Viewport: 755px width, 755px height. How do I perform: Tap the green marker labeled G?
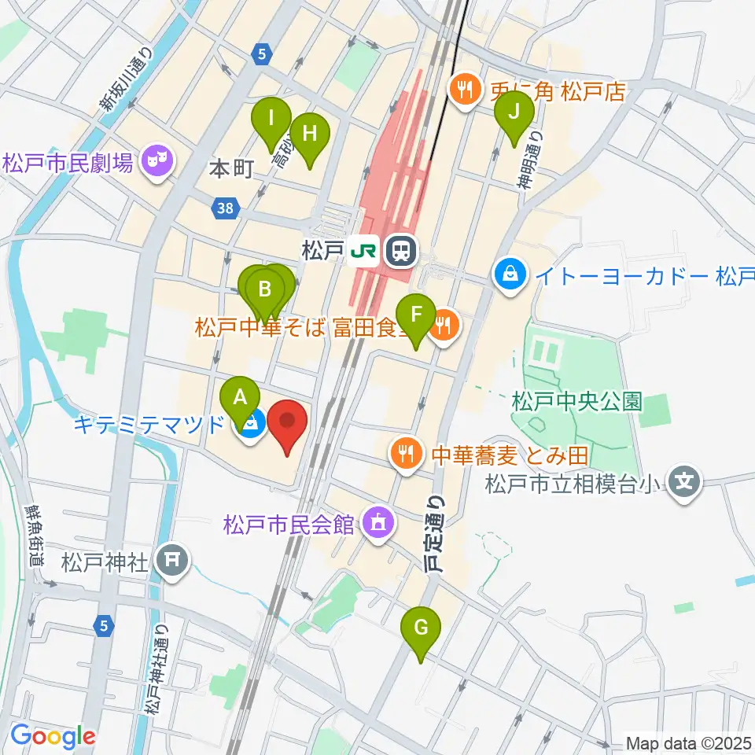pyautogui.click(x=421, y=628)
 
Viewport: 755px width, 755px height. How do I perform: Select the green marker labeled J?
pyautogui.click(x=514, y=111)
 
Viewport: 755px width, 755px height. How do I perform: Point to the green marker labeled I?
pyautogui.click(x=271, y=120)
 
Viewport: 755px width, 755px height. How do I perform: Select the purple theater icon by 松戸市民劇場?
pyautogui.click(x=159, y=164)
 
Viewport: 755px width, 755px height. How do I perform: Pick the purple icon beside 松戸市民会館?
pyautogui.click(x=377, y=522)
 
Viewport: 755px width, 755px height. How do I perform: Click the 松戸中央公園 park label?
pyautogui.click(x=576, y=403)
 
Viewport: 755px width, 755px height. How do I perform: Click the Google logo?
pyautogui.click(x=53, y=736)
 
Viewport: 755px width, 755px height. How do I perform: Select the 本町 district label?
pyautogui.click(x=231, y=168)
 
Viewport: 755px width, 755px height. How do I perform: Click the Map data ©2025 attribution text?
pyautogui.click(x=689, y=742)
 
